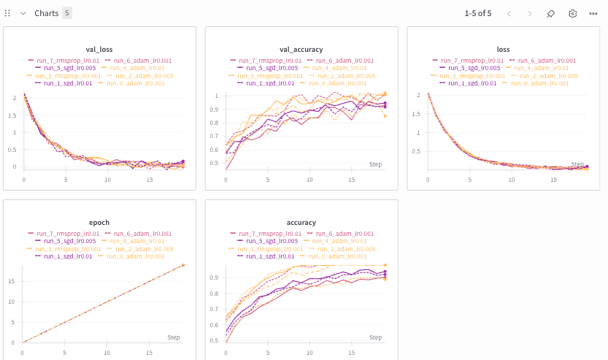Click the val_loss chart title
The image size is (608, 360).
tap(99, 49)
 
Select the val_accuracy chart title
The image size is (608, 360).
tap(301, 49)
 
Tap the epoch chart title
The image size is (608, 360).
tap(99, 222)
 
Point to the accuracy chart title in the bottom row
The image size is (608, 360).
tap(301, 222)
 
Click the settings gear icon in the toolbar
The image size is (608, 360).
tap(573, 13)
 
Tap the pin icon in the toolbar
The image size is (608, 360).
tap(551, 13)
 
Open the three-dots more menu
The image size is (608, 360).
tap(594, 13)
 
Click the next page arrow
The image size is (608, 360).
tap(530, 13)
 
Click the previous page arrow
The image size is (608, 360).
tap(509, 13)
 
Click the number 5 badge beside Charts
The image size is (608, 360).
tap(67, 13)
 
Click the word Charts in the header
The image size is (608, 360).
tap(47, 13)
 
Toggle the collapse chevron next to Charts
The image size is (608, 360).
tap(23, 13)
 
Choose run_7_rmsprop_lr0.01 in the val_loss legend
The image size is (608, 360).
tap(62, 61)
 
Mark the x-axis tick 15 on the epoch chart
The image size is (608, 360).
tap(149, 352)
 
